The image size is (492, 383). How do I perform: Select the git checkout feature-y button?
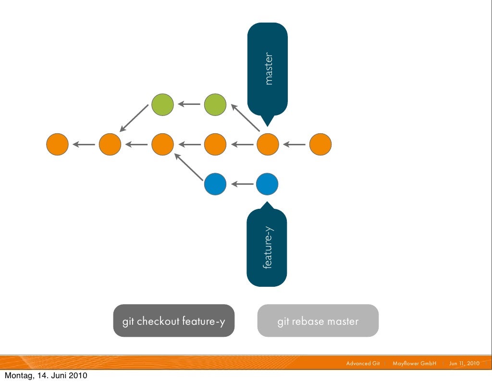tap(174, 320)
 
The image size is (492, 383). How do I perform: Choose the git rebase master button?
tap(318, 320)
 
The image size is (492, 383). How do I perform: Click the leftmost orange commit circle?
tap(57, 144)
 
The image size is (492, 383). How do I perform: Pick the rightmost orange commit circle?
tap(320, 144)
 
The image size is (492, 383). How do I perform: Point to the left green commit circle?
tap(162, 104)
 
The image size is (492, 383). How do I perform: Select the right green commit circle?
tap(215, 104)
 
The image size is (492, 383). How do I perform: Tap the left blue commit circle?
tap(215, 184)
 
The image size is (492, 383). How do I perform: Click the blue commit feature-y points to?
tap(267, 184)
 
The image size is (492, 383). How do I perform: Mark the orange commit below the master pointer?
tap(268, 144)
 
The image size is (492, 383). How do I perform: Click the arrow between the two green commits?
tap(189, 104)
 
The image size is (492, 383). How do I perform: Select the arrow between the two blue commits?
tap(242, 184)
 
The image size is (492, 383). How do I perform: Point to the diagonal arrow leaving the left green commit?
tap(134, 118)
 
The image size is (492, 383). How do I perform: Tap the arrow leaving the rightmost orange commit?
tap(294, 144)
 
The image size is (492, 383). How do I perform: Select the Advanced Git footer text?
tap(363, 363)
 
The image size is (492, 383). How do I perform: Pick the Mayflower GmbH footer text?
tap(414, 363)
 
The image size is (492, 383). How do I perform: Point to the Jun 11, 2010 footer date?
tap(464, 363)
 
